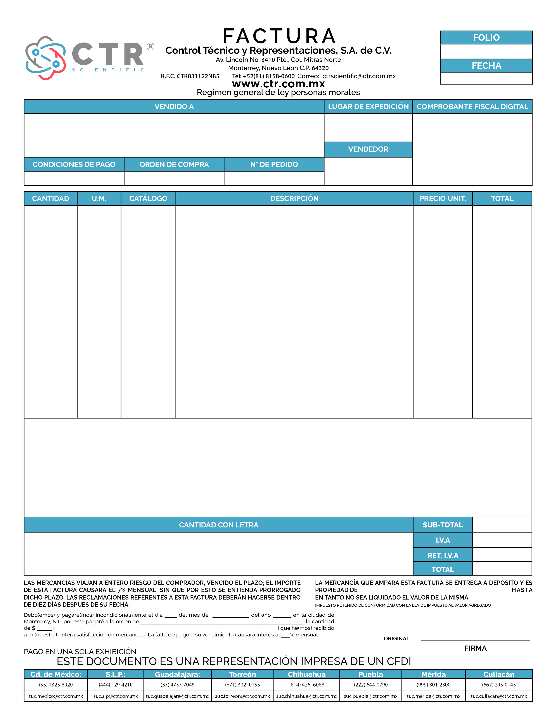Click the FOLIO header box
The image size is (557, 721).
[x=486, y=38]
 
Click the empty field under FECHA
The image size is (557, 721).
[x=486, y=79]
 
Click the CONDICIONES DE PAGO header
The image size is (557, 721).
[x=74, y=164]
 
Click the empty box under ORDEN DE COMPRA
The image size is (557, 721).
[x=174, y=178]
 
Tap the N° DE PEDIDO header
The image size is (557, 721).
[x=274, y=164]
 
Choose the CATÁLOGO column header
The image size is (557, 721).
[x=148, y=198]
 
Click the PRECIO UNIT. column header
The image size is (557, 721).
[x=443, y=198]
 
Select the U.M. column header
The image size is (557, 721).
[x=99, y=198]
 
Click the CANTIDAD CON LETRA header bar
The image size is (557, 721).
[x=218, y=525]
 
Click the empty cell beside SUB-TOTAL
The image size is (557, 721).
[x=502, y=525]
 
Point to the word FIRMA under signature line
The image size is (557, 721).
[x=475, y=648]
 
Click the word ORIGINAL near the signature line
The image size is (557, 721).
[x=396, y=638]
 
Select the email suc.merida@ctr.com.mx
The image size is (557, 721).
[x=433, y=696]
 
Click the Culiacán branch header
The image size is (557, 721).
[x=499, y=674]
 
